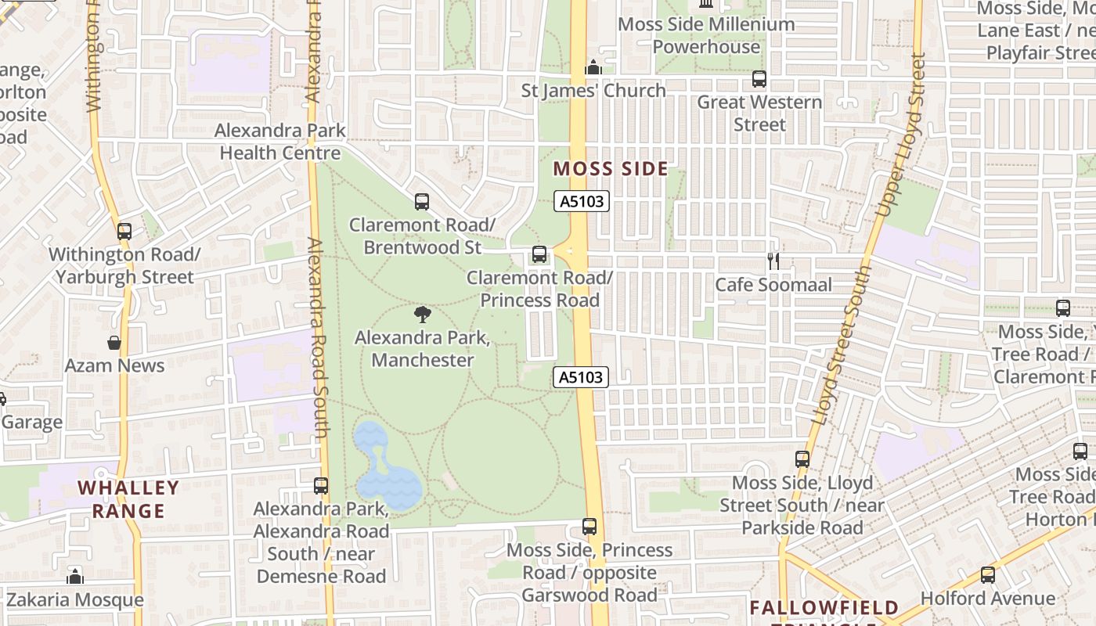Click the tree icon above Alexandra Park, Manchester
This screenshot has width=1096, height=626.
click(422, 315)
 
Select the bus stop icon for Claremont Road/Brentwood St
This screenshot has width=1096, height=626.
click(422, 202)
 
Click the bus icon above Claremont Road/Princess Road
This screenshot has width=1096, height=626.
click(539, 254)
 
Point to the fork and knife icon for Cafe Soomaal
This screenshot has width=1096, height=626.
click(773, 261)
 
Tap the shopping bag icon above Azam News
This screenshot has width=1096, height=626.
click(114, 343)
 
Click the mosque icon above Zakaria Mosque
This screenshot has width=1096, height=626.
click(75, 577)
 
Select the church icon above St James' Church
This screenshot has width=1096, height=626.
click(593, 68)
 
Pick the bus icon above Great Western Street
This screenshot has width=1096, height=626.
click(759, 79)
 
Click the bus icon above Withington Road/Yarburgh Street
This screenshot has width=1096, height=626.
click(124, 232)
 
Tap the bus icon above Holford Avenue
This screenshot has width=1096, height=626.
click(988, 575)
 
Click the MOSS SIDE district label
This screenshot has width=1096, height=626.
click(611, 169)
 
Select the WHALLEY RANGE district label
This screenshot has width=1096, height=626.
click(128, 499)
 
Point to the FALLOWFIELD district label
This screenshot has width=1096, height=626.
click(824, 608)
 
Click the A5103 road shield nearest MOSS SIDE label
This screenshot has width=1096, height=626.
click(582, 202)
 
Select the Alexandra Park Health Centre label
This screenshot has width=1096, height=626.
click(280, 142)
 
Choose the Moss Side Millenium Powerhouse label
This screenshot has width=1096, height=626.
click(706, 35)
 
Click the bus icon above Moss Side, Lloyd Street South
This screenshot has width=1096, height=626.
click(802, 459)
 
